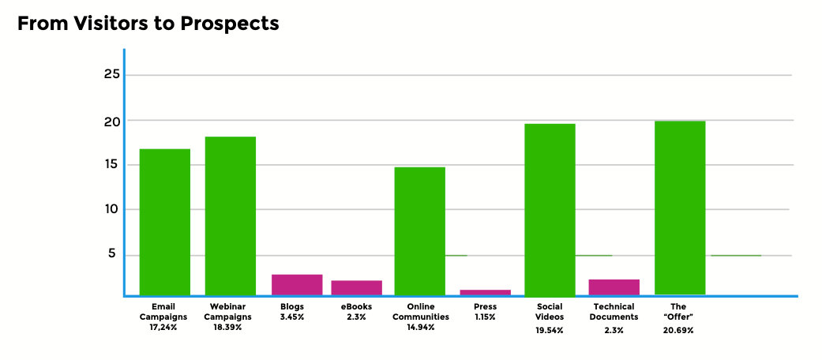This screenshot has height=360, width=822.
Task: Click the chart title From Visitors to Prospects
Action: (148, 24)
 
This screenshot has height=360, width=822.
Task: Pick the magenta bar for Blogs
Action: (297, 284)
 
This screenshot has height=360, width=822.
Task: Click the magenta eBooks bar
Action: (356, 287)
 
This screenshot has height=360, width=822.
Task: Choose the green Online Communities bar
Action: (420, 231)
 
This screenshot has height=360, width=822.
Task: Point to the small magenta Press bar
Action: (486, 292)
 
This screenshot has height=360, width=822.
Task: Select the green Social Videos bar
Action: (550, 209)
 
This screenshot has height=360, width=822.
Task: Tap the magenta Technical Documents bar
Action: (614, 287)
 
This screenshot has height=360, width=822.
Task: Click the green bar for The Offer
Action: (680, 208)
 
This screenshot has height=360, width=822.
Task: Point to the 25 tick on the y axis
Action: (111, 74)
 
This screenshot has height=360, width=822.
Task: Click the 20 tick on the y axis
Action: (111, 121)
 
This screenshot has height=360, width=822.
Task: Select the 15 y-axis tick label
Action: (111, 165)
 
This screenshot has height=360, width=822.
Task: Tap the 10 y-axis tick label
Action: (111, 209)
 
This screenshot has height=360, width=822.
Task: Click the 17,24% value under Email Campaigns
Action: (163, 327)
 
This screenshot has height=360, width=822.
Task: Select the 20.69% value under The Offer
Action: (678, 330)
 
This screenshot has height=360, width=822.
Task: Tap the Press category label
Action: (486, 306)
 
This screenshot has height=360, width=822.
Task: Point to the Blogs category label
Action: (292, 306)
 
